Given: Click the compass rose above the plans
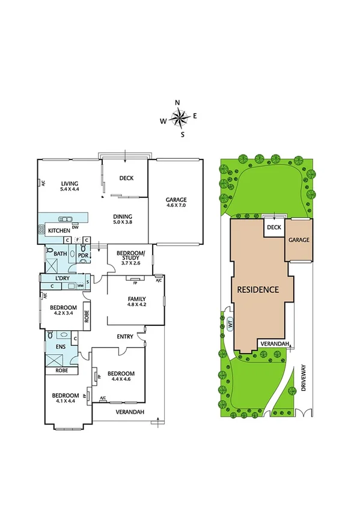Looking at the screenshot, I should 180,118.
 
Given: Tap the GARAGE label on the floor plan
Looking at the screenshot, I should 176,200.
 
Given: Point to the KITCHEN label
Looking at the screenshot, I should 59,231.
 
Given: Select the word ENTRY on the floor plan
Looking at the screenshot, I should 125,337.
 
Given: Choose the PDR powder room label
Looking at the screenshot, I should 82,255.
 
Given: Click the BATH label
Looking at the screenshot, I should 60,254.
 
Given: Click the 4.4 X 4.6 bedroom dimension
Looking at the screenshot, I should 121,379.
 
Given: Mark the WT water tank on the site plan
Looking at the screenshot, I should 230,324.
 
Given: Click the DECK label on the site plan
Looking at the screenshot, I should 274,227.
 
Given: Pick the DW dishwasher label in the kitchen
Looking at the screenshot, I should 75,227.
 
